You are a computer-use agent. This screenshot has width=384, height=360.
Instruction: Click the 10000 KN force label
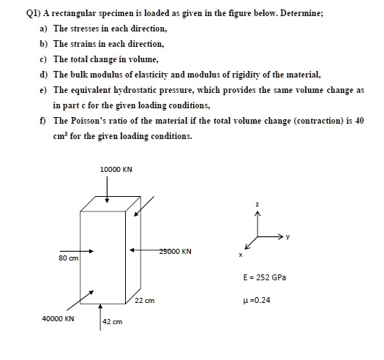[x=116, y=170]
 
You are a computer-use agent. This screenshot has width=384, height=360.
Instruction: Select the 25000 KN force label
[x=176, y=252]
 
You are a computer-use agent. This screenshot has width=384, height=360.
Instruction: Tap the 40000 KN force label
[x=58, y=319]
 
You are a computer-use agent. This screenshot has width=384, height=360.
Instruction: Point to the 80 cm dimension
[x=69, y=258]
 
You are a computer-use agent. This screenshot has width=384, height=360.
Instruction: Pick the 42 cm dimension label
[x=112, y=322]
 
